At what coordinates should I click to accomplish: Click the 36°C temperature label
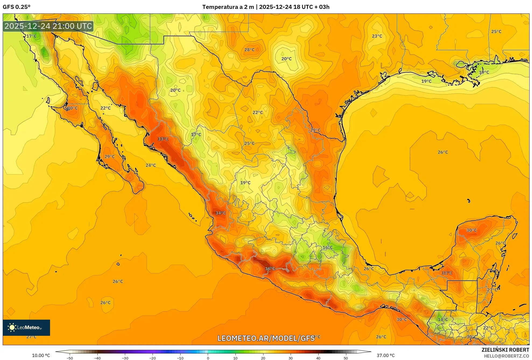270,269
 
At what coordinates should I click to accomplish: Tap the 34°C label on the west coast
220,213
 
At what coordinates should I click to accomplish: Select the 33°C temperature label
163,139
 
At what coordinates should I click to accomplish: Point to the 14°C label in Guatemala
443,319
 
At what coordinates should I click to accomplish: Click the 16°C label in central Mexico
327,247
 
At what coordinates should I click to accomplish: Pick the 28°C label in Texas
249,50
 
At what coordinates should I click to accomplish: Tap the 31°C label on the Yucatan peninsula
447,273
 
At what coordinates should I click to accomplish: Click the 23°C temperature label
377,36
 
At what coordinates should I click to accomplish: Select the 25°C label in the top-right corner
496,31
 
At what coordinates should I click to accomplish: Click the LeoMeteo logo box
26,327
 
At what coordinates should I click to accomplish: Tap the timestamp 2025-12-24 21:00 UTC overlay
48,26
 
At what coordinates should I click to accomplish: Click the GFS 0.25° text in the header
17,7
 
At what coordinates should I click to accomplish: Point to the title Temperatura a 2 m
228,7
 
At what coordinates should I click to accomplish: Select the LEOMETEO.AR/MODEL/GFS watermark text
266,338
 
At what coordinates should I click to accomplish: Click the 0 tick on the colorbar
208,358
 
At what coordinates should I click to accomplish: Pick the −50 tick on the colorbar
70,358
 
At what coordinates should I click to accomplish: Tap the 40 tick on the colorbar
318,358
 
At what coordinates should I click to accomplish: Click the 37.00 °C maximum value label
385,355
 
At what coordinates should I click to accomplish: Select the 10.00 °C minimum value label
41,355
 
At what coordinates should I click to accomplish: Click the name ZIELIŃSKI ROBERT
505,350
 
